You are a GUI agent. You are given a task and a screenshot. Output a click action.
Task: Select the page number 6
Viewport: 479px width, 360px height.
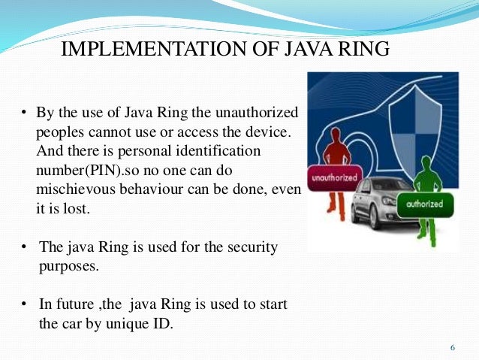pyautogui.click(x=452, y=347)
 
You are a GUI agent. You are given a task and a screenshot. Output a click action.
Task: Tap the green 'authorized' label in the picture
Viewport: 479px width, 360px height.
pyautogui.click(x=425, y=204)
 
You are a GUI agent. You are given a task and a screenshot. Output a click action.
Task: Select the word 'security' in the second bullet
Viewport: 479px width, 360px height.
pyautogui.click(x=248, y=247)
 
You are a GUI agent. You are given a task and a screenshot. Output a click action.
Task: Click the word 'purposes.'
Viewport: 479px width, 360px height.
pyautogui.click(x=68, y=266)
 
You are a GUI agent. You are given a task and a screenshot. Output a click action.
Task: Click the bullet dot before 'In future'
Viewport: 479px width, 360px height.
pyautogui.click(x=24, y=304)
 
